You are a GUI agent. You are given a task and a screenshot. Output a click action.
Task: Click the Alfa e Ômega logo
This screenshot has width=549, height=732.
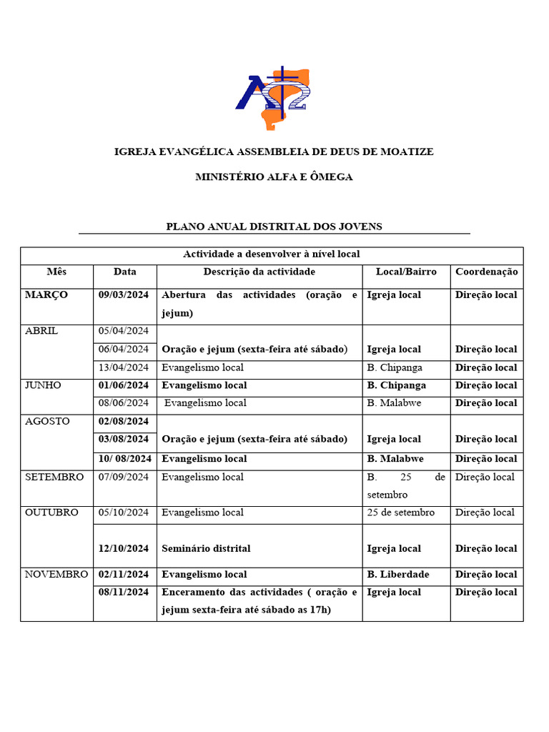tap(274, 98)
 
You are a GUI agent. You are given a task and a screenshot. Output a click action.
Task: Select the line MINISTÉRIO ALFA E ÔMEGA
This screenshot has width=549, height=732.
tap(274, 177)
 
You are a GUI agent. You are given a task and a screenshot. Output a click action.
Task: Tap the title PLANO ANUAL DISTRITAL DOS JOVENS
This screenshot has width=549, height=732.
tap(274, 227)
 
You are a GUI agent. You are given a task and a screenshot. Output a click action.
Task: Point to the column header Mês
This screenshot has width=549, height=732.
tap(56, 272)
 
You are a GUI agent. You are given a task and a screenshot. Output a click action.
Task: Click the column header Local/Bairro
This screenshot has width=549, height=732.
tap(405, 272)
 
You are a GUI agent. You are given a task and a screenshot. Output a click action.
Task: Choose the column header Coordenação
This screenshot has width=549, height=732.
tap(486, 272)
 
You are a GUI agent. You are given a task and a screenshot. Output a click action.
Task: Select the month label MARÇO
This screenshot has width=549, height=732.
tap(46, 295)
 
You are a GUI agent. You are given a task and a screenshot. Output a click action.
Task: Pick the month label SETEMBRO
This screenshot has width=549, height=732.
tap(54, 477)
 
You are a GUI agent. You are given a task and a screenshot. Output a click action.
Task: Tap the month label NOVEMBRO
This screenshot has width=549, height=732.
tap(56, 574)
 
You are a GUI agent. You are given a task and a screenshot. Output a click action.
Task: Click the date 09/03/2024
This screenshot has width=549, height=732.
tap(124, 295)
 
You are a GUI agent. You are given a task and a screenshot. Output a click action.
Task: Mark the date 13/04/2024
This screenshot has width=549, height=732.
tap(124, 367)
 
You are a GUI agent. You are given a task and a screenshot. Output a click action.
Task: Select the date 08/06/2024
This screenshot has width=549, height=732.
tap(124, 402)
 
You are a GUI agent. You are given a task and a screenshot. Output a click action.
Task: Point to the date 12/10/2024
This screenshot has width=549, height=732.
tap(124, 548)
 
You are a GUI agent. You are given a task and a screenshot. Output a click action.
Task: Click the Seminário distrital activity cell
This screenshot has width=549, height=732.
tap(207, 548)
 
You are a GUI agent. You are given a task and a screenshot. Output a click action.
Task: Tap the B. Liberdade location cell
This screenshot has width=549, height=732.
tap(398, 574)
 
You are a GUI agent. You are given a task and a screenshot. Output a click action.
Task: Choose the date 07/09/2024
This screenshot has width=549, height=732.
tap(124, 477)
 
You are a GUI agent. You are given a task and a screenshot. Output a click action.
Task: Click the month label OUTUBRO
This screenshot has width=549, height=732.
tap(52, 512)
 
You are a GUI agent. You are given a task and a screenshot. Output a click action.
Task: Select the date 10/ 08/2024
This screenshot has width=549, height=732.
tap(125, 458)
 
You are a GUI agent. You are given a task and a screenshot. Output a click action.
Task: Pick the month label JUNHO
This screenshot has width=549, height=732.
tap(43, 385)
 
